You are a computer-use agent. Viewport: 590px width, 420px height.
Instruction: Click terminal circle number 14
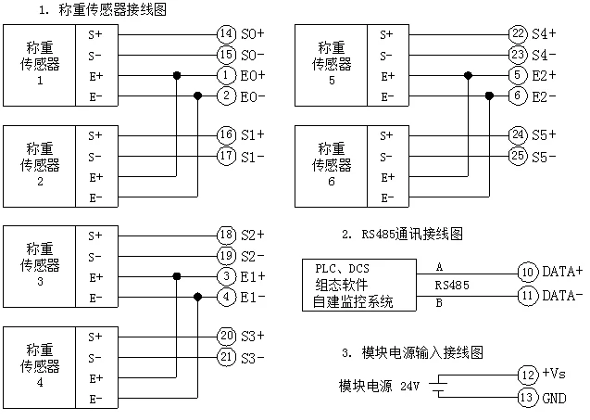pos(226,34)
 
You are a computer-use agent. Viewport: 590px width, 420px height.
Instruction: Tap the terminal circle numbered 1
pos(226,75)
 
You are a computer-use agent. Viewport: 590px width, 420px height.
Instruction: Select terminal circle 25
pos(518,155)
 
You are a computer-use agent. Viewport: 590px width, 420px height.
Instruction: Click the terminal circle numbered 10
pos(528,272)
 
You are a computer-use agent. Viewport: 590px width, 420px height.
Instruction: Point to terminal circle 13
pos(527,397)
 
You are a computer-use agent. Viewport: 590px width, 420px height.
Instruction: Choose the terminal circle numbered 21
pos(226,356)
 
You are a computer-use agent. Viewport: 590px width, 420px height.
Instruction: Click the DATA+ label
pos(562,272)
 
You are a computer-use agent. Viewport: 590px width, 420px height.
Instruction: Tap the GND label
pos(554,398)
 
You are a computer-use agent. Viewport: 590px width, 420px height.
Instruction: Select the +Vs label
pos(554,374)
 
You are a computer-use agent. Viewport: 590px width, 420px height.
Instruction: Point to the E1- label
pos(253,298)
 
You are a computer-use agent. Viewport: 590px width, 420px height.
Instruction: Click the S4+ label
pos(544,34)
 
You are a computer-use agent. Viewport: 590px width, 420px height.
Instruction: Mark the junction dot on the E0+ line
pos(177,75)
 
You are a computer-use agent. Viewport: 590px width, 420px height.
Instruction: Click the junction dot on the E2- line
pos(489,96)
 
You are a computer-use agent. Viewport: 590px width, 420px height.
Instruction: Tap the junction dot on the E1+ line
pos(177,276)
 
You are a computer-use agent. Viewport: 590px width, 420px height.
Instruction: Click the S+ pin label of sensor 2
pos(95,135)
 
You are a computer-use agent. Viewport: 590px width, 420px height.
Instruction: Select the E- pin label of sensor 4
pos(95,399)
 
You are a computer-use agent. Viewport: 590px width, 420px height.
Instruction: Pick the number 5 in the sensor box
pos(332,81)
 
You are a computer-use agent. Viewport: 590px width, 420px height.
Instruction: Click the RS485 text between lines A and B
pos(452,286)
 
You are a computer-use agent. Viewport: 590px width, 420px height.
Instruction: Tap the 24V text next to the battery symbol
pos(409,386)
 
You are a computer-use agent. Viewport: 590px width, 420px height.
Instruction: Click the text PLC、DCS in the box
pos(342,269)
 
